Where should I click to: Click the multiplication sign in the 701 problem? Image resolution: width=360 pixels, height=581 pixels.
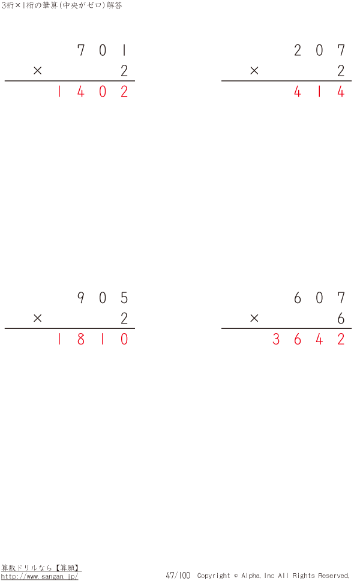click(x=38, y=71)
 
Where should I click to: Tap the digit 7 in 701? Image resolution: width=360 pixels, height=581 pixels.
click(x=81, y=50)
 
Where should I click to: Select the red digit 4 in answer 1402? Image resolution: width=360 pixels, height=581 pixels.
click(x=81, y=92)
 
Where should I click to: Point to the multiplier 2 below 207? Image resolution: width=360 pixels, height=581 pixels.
click(x=341, y=71)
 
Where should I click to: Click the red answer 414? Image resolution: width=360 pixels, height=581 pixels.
click(x=319, y=92)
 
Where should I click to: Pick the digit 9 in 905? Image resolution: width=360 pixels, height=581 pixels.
click(x=81, y=298)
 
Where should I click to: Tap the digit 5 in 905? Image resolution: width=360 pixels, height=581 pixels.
click(x=124, y=298)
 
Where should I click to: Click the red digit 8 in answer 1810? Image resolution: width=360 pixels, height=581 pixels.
click(x=81, y=340)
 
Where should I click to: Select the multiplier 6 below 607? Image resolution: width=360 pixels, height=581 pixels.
click(x=341, y=319)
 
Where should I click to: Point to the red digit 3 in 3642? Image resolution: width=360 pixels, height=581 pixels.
click(x=276, y=340)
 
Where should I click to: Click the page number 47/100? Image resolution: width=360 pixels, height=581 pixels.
click(x=178, y=576)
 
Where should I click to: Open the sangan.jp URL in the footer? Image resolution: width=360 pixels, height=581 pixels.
click(x=40, y=576)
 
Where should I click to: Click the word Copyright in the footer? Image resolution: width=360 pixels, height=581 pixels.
click(x=213, y=576)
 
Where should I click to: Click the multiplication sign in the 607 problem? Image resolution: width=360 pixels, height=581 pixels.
click(x=254, y=319)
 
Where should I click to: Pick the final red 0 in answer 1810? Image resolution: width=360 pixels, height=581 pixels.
click(x=124, y=340)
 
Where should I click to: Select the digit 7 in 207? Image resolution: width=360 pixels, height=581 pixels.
click(x=341, y=50)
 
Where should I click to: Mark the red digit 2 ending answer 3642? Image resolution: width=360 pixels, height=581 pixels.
click(x=341, y=340)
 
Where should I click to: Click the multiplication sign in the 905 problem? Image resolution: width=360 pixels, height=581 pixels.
click(x=38, y=319)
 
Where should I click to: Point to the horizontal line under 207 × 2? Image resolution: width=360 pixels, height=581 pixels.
click(x=286, y=81)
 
